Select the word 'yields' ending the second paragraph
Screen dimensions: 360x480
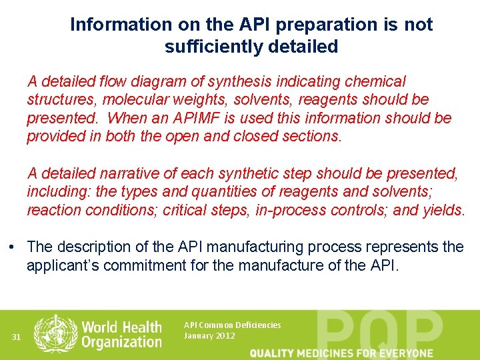(x=442, y=211)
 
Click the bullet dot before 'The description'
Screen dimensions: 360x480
(x=13, y=247)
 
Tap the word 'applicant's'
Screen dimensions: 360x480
(x=63, y=265)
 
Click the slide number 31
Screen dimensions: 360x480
(x=17, y=337)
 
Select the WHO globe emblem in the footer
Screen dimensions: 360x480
(x=55, y=333)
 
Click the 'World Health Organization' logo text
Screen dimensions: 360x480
(x=121, y=334)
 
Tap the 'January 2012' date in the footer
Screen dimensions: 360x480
(x=209, y=335)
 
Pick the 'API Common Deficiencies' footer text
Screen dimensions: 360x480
(x=232, y=325)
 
